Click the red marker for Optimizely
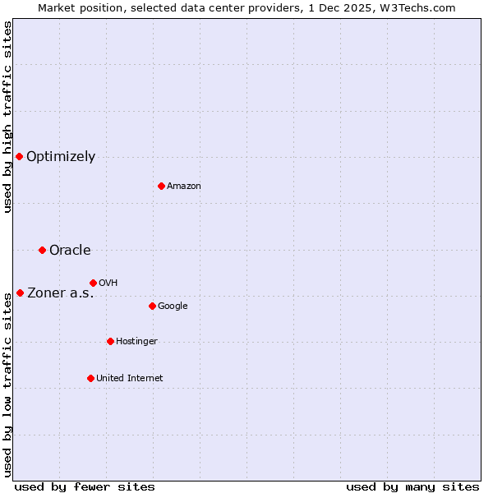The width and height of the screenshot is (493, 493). click(x=19, y=156)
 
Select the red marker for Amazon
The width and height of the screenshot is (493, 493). click(x=161, y=186)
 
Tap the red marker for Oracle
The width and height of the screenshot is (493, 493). click(x=42, y=250)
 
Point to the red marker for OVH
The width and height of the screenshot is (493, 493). click(x=93, y=283)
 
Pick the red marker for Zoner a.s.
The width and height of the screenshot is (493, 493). click(x=20, y=293)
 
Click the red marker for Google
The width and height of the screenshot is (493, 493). click(x=152, y=306)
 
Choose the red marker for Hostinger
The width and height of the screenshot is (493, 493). click(x=110, y=341)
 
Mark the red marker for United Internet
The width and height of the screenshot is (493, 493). click(x=90, y=378)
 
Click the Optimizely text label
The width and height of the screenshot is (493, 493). click(x=61, y=157)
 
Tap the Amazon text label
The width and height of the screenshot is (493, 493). click(x=184, y=187)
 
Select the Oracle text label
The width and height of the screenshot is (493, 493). click(x=70, y=251)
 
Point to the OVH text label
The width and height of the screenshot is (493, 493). click(x=108, y=283)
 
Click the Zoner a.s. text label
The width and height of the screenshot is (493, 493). click(x=61, y=293)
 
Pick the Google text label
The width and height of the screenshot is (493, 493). click(x=173, y=306)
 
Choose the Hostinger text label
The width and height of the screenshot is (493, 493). click(x=136, y=342)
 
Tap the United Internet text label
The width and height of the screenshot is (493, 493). click(x=130, y=379)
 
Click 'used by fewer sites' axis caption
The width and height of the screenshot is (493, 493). click(x=85, y=486)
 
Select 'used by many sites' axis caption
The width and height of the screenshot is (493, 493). click(x=412, y=486)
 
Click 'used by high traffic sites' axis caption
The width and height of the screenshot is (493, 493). click(x=7, y=117)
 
